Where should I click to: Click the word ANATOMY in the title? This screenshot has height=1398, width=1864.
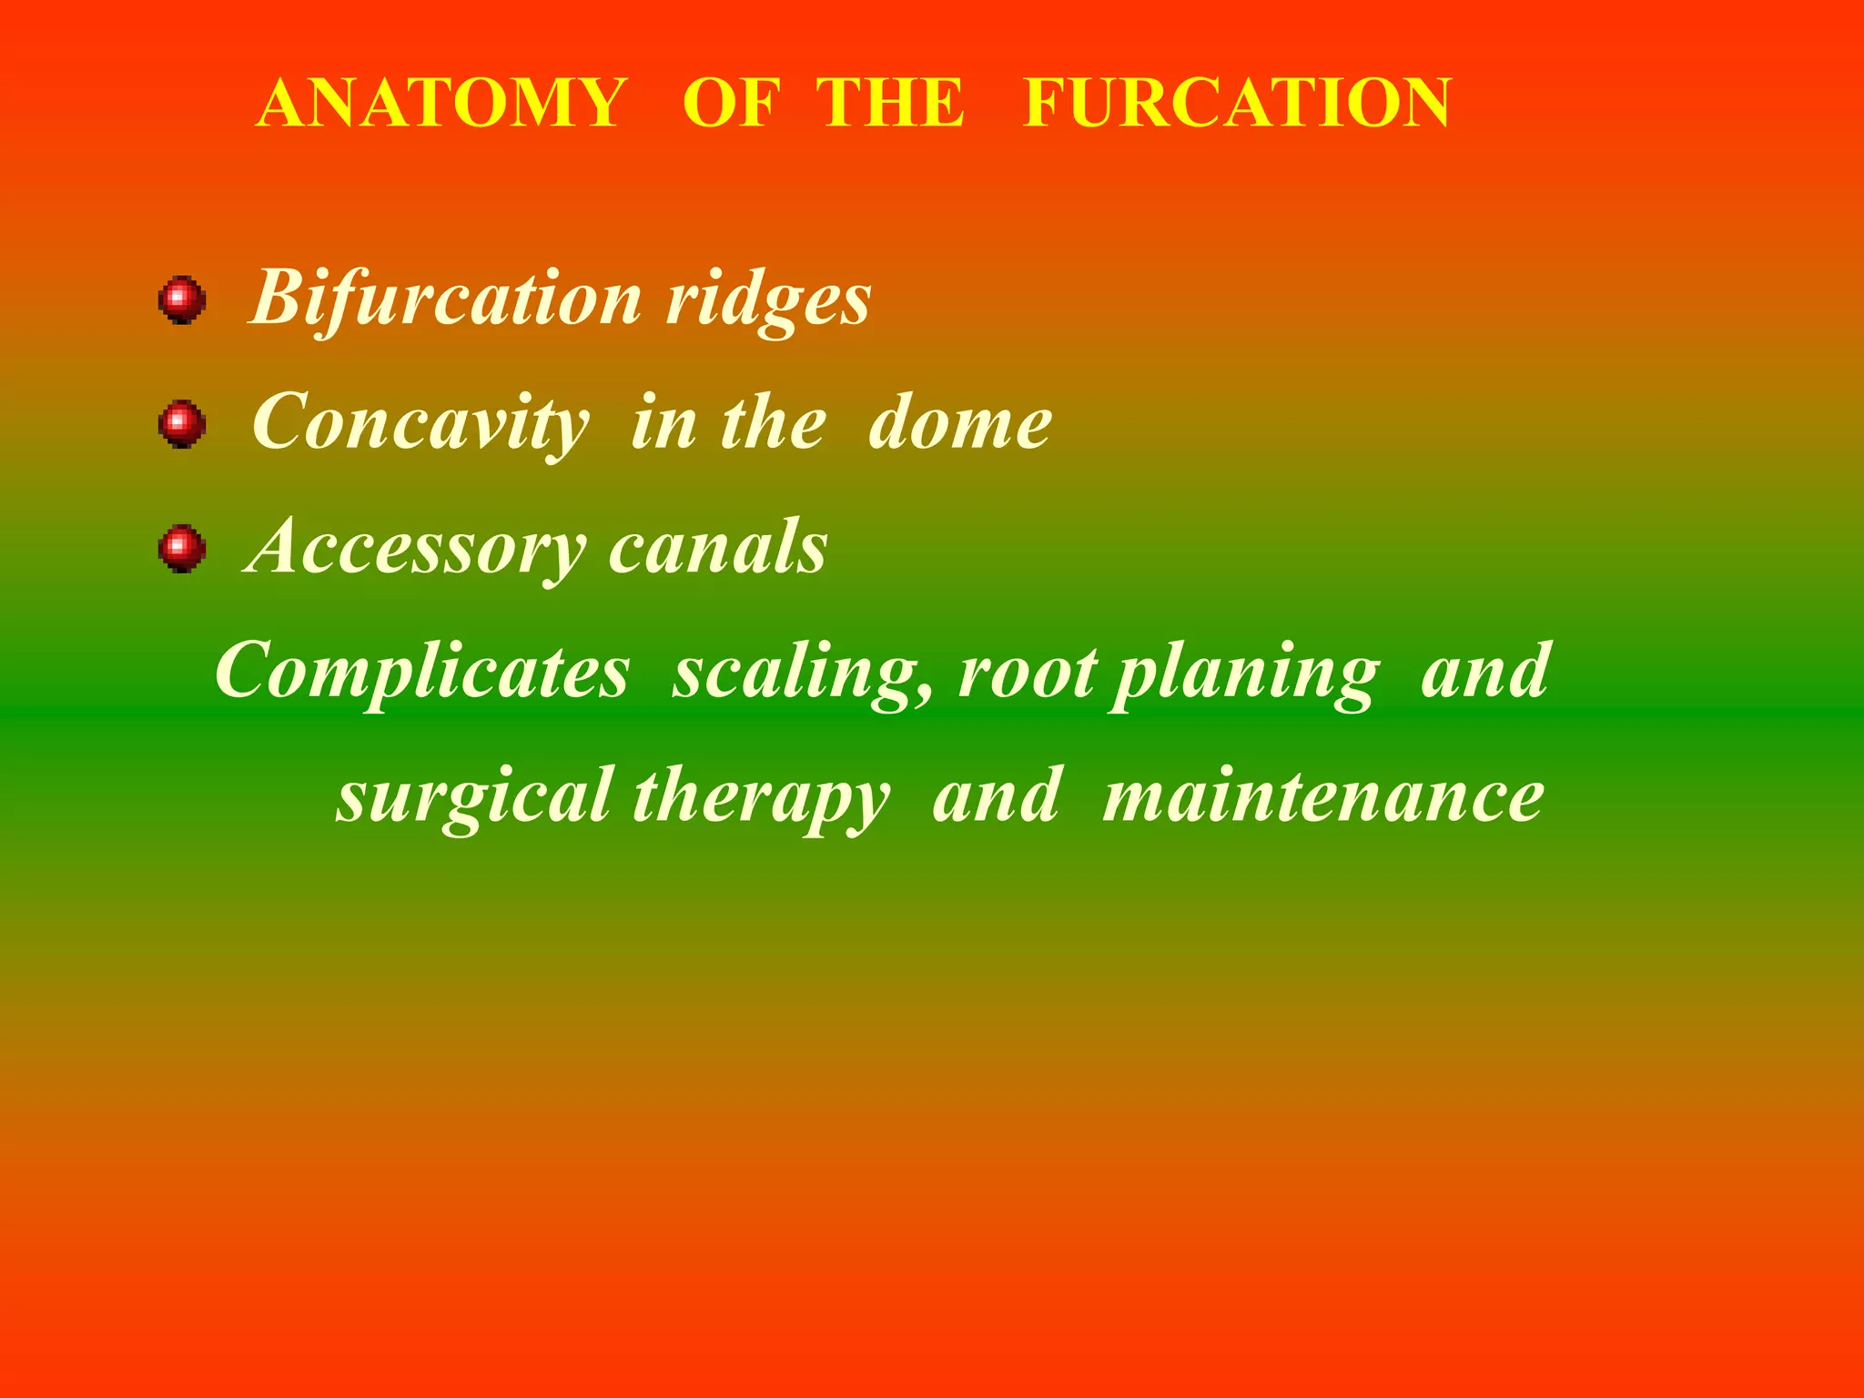tap(441, 103)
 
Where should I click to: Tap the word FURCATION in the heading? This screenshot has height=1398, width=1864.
tap(1237, 103)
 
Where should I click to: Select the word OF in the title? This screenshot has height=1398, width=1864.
tap(732, 103)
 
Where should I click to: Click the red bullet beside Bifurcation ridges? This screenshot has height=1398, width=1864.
tap(182, 299)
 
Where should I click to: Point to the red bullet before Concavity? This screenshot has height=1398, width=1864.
tap(182, 424)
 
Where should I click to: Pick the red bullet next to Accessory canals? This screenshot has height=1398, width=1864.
tap(182, 549)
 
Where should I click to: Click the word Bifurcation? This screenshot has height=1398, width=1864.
tap(447, 299)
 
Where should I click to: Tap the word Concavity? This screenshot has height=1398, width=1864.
tap(420, 424)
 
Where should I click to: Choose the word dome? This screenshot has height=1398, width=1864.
tap(960, 424)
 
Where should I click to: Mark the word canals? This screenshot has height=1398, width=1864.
tap(718, 548)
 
